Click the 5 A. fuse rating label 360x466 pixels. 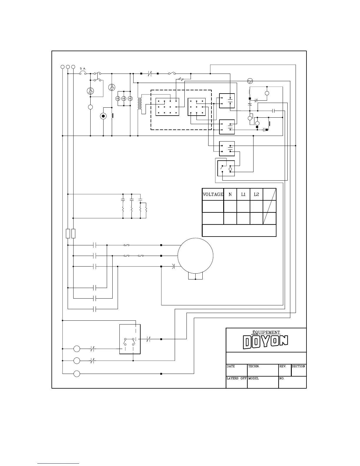[x=83, y=69]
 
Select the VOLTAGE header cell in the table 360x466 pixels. [x=213, y=194]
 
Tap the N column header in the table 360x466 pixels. [x=230, y=194]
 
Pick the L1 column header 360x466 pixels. [x=243, y=194]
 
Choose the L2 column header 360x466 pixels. [x=256, y=194]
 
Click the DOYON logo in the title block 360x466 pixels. [x=266, y=342]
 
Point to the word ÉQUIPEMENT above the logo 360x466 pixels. [x=266, y=332]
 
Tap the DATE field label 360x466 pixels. [x=231, y=367]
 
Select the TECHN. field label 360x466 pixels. [x=254, y=367]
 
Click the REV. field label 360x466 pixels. [x=283, y=367]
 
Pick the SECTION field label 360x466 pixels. [x=298, y=367]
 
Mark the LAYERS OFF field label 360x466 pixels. [x=236, y=379]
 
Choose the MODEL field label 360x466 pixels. [x=253, y=379]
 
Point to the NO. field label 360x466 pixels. [x=282, y=379]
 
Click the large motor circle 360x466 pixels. [x=196, y=256]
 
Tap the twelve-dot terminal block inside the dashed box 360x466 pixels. [x=167, y=107]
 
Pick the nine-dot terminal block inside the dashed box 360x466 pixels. [x=197, y=107]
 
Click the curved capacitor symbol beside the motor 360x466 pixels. [x=173, y=267]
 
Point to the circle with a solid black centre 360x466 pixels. [x=103, y=116]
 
